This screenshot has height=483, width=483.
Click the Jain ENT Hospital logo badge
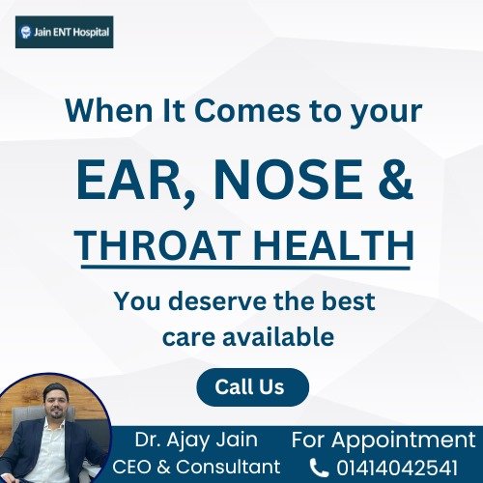(x=65, y=32)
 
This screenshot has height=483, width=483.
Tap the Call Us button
(x=253, y=387)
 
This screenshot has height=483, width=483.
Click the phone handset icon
(x=319, y=469)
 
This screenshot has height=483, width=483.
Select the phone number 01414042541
(x=397, y=468)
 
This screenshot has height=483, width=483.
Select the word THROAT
(x=158, y=244)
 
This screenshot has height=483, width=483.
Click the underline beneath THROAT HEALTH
(x=245, y=267)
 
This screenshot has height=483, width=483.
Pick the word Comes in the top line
(x=247, y=111)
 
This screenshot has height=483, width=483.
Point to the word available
(x=278, y=336)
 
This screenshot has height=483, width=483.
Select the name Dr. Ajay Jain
(x=196, y=440)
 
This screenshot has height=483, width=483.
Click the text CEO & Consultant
(x=196, y=467)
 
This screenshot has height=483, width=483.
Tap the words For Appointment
(x=384, y=440)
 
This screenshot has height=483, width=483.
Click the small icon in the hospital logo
(x=25, y=32)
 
